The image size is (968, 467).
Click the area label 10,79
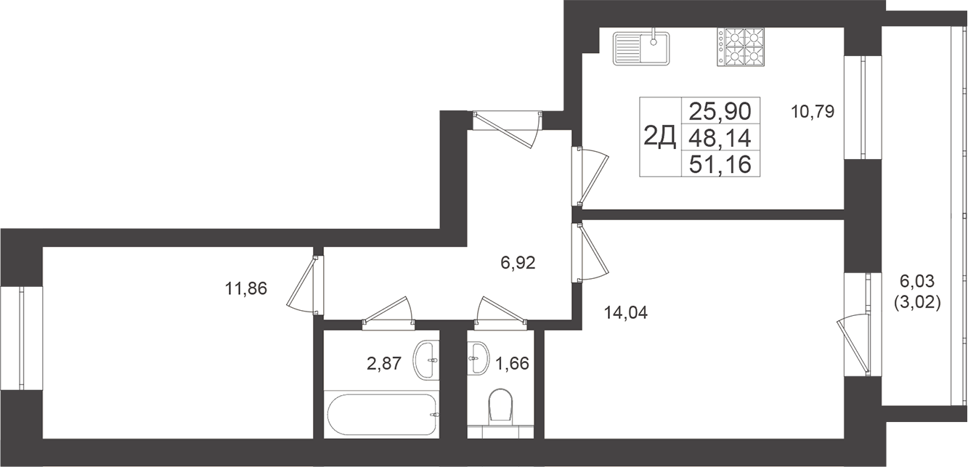coord(812,112)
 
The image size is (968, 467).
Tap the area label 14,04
coord(626,313)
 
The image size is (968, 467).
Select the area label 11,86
coord(247,289)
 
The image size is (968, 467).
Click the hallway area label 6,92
coord(518,263)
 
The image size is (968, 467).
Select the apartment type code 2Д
coord(660,136)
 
